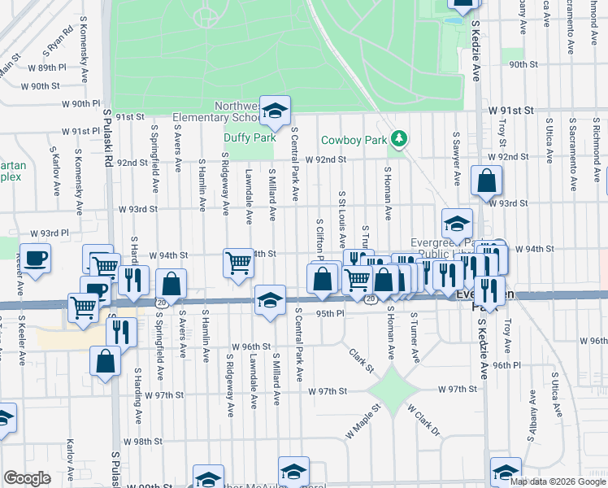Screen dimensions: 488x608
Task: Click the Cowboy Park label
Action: pos(354,140)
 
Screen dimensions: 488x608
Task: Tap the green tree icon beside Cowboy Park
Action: pos(398,139)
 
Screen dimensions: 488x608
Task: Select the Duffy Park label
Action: pos(250,138)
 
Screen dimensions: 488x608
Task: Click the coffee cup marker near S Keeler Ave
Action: pos(35,259)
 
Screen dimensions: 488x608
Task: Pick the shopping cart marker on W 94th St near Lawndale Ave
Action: pos(238,263)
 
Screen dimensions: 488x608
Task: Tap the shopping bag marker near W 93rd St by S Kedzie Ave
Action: pos(486,181)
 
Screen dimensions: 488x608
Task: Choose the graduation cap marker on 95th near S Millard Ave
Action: pos(270,301)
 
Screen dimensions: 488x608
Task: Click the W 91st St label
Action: pos(510,109)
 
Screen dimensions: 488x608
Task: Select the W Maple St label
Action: pos(363,422)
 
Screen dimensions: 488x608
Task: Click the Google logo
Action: pos(27,477)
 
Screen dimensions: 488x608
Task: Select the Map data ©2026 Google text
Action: pos(557,481)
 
